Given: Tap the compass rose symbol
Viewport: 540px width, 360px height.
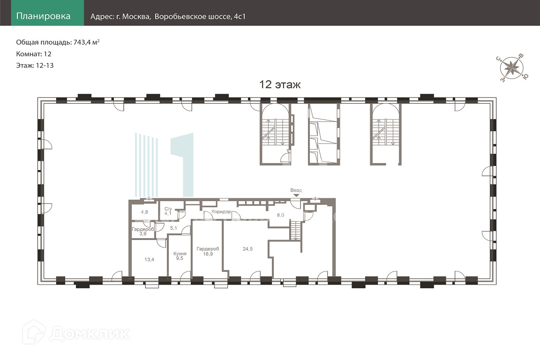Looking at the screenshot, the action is [512, 68].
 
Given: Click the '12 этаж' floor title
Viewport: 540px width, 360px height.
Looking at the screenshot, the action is [280, 84].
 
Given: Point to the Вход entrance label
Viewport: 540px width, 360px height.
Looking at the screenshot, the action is [296, 190].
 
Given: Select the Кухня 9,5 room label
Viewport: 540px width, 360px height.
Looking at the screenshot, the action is [180, 256].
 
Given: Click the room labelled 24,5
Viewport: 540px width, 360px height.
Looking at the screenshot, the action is [247, 249].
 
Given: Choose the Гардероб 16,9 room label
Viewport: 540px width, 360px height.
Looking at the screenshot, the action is [208, 251].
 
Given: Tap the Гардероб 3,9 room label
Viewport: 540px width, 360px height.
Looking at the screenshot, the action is [143, 231].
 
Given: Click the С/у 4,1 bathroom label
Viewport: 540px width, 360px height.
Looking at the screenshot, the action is [168, 211].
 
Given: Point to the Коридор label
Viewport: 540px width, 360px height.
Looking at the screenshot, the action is [221, 211].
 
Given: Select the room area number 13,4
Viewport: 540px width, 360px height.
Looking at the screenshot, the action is [149, 259].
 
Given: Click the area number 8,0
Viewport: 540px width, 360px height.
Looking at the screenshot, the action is [280, 215].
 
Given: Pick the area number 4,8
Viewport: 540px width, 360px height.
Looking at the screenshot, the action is [144, 212].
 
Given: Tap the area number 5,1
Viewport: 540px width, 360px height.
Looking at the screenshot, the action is [173, 228].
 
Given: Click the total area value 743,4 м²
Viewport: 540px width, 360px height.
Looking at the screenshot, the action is [86, 42].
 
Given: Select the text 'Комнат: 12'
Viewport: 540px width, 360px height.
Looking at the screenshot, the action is [34, 54].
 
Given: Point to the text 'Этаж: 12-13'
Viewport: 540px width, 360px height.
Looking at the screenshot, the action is [35, 66].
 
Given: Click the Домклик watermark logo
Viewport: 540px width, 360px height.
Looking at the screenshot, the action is [76, 333].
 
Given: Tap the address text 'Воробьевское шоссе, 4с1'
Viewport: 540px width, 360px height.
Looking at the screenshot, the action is [200, 16].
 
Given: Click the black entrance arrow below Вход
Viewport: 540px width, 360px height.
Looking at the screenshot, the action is [296, 195].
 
